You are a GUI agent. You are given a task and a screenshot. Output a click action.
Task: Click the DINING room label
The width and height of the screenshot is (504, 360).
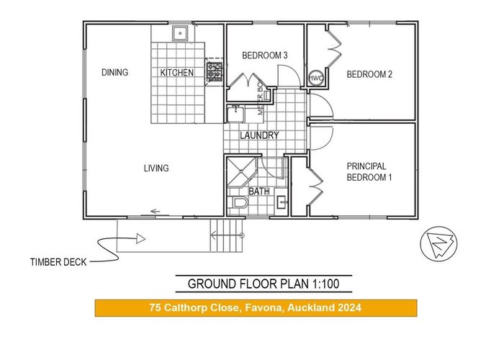114,72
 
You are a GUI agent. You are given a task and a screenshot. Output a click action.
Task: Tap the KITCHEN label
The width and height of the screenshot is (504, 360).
176,73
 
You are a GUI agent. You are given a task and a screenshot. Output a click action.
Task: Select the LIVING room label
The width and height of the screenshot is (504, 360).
156,168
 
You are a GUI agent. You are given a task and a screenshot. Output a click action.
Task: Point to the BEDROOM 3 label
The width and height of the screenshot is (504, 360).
264,55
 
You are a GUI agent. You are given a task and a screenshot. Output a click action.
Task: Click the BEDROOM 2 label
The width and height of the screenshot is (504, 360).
369,73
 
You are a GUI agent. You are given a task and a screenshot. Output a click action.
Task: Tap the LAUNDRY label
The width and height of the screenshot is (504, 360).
260,135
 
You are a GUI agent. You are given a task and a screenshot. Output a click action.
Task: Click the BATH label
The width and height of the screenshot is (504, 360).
258,192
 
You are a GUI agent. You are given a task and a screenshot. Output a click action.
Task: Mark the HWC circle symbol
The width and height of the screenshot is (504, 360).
316,78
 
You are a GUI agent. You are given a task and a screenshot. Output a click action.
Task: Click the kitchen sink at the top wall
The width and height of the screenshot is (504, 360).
179,32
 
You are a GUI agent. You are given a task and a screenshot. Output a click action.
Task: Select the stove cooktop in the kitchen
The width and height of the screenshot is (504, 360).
214,71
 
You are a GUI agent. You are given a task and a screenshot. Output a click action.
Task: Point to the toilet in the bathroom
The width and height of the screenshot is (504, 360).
240,203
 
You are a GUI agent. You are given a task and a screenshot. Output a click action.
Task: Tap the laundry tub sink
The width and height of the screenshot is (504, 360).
235,114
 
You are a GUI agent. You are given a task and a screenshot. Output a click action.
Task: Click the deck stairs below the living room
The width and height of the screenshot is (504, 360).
227,235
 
